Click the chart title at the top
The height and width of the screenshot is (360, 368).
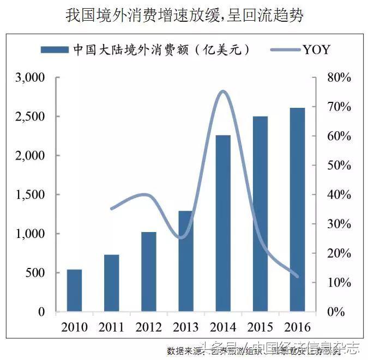(x=184, y=15)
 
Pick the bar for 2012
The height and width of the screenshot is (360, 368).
(x=148, y=272)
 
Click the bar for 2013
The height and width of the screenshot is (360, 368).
(x=185, y=261)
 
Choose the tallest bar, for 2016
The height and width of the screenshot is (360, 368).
(x=297, y=210)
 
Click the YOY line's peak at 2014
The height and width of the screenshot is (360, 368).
(x=222, y=91)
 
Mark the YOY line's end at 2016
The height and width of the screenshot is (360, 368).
(x=297, y=276)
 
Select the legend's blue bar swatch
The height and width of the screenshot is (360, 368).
(x=55, y=50)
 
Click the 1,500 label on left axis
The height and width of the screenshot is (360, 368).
(x=29, y=194)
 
